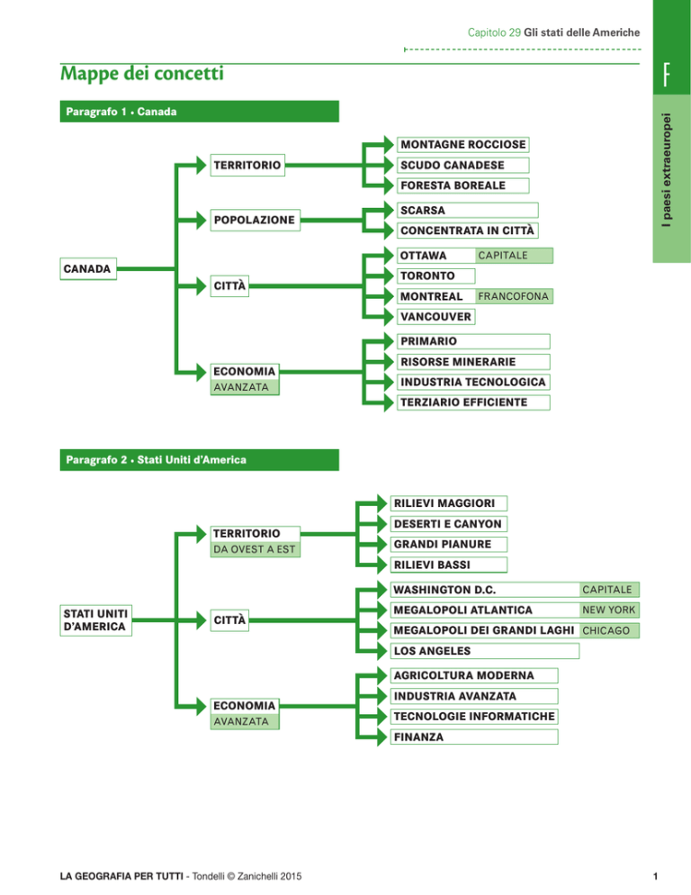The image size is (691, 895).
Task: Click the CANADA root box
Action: click(88, 269)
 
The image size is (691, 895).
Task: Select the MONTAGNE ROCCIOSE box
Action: click(462, 144)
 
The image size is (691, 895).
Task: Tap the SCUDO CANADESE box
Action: click(462, 165)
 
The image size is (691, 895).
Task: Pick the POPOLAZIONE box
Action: click(255, 220)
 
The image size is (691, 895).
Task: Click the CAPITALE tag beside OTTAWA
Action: click(514, 255)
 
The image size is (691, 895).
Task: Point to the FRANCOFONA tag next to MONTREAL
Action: click(514, 296)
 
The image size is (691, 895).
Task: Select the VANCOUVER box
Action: click(436, 317)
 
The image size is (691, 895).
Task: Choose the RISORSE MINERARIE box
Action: click(473, 362)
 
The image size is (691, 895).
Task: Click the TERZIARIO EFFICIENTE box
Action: click(473, 402)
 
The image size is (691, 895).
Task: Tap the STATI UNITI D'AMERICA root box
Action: click(96, 620)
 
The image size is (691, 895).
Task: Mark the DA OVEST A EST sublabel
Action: click(255, 549)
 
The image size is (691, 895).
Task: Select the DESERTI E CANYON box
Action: click(448, 524)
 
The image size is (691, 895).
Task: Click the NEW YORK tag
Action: click(609, 610)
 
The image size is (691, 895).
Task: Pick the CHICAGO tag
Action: click(609, 630)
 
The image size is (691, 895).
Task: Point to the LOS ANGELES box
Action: click(484, 651)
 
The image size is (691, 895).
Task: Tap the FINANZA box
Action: click(473, 737)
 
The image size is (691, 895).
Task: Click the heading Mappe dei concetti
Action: click(142, 74)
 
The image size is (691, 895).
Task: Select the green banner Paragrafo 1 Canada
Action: click(199, 112)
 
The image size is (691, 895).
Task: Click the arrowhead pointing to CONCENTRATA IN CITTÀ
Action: click(389, 231)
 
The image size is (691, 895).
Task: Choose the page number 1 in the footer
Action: click(655, 876)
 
